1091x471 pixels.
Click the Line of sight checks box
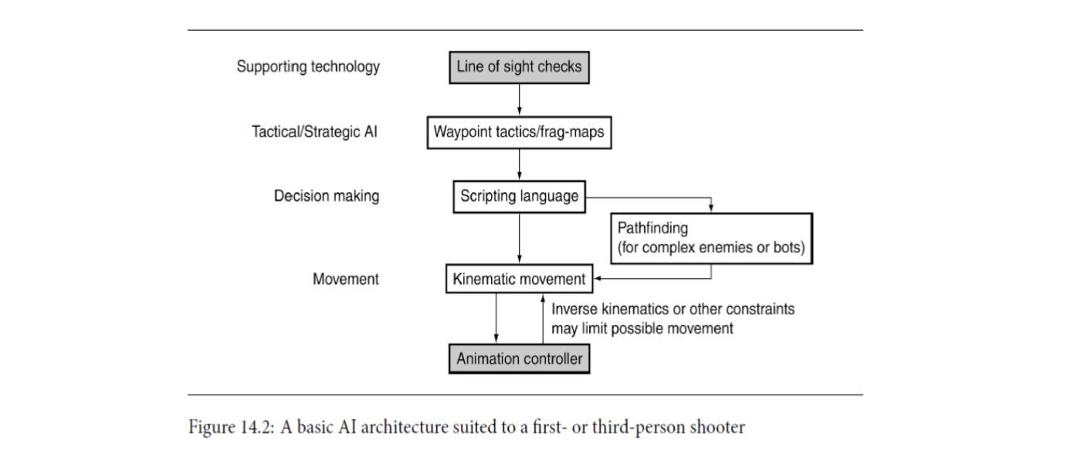(x=519, y=67)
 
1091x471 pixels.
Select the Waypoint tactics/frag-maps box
(x=519, y=132)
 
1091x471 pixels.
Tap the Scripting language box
(x=519, y=196)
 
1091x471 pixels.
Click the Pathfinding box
(x=710, y=239)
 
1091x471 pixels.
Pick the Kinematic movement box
(x=520, y=279)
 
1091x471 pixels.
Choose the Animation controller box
(x=519, y=359)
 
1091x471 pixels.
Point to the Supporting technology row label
(x=308, y=66)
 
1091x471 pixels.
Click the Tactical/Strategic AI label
(x=315, y=131)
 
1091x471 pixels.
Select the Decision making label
(x=327, y=196)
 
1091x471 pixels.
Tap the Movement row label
(x=346, y=279)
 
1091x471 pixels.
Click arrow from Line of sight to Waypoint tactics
(x=519, y=100)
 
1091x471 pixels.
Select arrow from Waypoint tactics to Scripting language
(x=519, y=164)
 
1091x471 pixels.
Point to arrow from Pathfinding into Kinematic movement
(x=656, y=278)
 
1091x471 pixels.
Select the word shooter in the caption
(x=719, y=427)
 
